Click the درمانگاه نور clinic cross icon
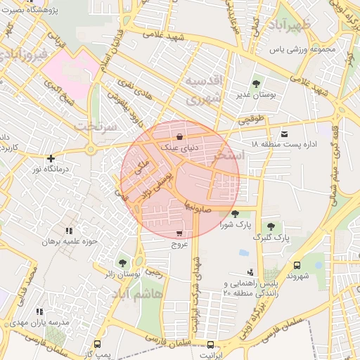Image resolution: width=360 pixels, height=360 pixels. tap(50, 158)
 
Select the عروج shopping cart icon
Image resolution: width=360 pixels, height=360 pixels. tap(180, 233)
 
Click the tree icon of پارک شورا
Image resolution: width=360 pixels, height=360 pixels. tap(234, 214)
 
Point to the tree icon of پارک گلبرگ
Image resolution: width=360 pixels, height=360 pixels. tap(271, 226)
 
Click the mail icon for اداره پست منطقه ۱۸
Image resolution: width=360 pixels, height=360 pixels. tap(284, 133)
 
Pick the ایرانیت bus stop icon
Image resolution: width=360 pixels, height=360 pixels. tap(210, 345)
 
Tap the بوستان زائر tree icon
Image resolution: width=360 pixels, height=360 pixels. tap(123, 262)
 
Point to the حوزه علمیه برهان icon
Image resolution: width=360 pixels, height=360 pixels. tap(68, 231)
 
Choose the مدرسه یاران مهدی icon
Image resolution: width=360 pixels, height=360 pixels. tap(39, 311)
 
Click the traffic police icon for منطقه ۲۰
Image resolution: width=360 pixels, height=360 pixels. tap(250, 272)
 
